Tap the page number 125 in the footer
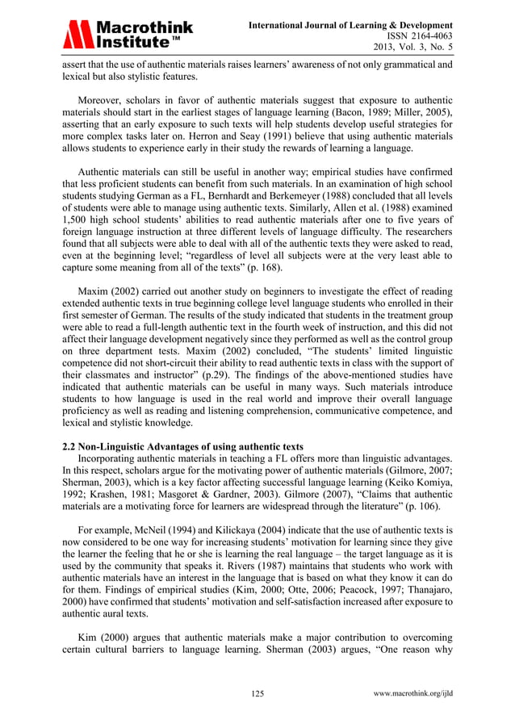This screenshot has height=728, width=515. pos(257,693)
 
